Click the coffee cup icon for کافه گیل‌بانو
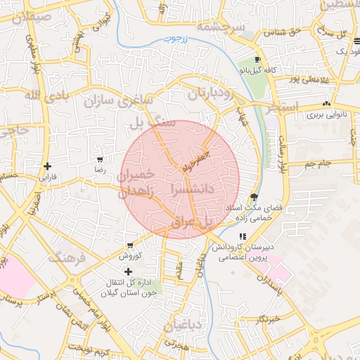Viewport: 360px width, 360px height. point(258,60)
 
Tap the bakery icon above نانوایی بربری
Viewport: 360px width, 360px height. point(326,104)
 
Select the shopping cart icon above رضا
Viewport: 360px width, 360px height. point(100,159)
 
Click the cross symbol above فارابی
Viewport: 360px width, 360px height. point(47,167)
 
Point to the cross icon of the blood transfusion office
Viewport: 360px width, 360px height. point(127,271)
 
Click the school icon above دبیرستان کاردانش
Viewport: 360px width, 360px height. point(243,236)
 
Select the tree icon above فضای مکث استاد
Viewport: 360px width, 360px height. point(253,197)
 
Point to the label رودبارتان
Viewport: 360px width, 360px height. point(209,93)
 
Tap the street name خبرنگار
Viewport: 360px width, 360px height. point(269,319)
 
